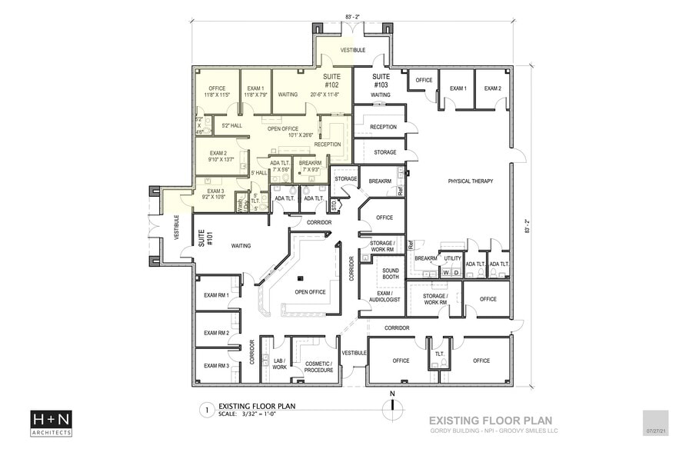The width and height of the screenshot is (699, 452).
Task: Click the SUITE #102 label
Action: pos(331,81)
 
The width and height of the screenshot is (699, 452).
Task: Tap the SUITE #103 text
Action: pos(381,81)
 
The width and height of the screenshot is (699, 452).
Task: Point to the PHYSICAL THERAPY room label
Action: pos(460,181)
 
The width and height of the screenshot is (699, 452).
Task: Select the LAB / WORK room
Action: pos(278,364)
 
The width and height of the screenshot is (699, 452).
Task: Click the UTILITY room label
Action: pos(452,258)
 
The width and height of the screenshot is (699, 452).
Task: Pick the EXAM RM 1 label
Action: pos(216,295)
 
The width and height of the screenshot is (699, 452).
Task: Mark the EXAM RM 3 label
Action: pos(216,365)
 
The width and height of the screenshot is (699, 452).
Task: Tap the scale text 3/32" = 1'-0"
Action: pos(255,414)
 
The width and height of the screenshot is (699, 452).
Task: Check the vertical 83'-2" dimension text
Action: pos(528,229)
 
